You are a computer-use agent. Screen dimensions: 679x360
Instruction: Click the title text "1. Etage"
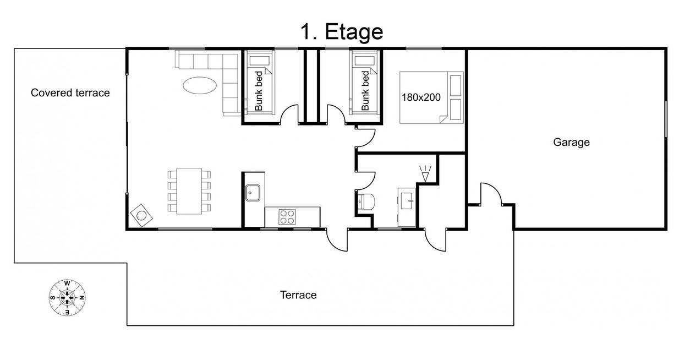342,31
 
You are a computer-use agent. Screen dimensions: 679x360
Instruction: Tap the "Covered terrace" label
70,93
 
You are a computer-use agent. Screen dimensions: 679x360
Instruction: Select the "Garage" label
571,142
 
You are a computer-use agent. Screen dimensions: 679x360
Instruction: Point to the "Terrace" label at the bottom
298,295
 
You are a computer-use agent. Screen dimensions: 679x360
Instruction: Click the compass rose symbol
67,298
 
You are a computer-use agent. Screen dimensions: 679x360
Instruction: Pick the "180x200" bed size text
421,97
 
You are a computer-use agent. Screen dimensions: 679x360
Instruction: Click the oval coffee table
200,85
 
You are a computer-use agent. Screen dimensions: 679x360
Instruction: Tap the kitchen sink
253,193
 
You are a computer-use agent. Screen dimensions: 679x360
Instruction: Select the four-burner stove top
287,217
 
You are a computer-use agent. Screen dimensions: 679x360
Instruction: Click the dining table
189,192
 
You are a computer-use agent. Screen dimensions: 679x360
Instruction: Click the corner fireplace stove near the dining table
141,215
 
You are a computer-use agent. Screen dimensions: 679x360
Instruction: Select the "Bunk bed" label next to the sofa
258,91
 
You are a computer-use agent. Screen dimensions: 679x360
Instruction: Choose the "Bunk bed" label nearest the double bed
365,91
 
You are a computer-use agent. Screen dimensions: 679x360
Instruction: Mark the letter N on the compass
81,298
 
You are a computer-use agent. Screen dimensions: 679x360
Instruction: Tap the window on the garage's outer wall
666,119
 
